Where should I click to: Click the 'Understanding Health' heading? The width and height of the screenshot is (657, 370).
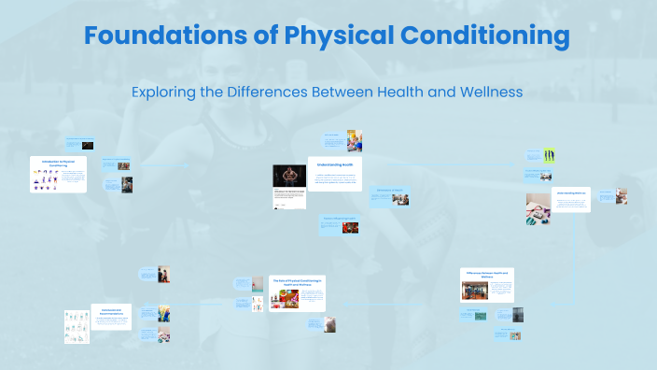coord(335,164)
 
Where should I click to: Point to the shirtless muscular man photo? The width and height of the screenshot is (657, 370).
coord(289,176)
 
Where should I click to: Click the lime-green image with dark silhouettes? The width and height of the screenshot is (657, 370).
coord(550,155)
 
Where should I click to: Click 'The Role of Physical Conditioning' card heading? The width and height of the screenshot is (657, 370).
coord(297,281)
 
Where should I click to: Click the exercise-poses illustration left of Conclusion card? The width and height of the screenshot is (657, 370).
coord(77,327)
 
